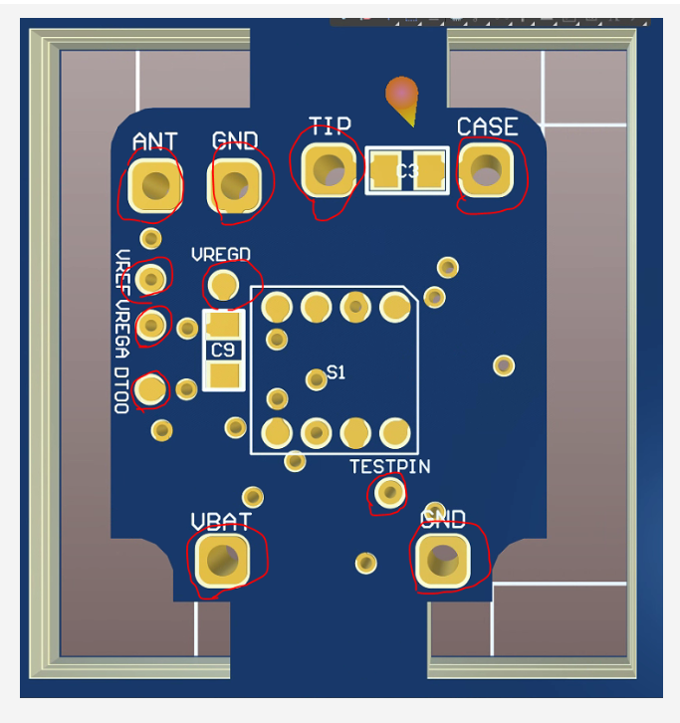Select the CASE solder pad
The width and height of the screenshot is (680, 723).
pos(487,171)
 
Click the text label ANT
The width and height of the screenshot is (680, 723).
pos(154,141)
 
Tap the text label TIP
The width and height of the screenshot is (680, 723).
pos(330,125)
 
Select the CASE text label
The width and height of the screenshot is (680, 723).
pos(487,126)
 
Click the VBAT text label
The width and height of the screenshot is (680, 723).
pos(220,521)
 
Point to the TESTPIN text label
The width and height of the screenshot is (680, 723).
pos(389,466)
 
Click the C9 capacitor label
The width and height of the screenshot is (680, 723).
pos(223,350)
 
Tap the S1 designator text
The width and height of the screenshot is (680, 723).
pos(336,372)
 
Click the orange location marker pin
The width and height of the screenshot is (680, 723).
pos(403,98)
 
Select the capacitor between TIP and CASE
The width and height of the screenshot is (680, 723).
pos(406,170)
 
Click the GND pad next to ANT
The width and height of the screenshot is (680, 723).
pos(236,184)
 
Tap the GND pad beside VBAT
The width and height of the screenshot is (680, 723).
pos(443,560)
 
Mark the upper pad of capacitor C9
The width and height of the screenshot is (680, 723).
pos(224,324)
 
